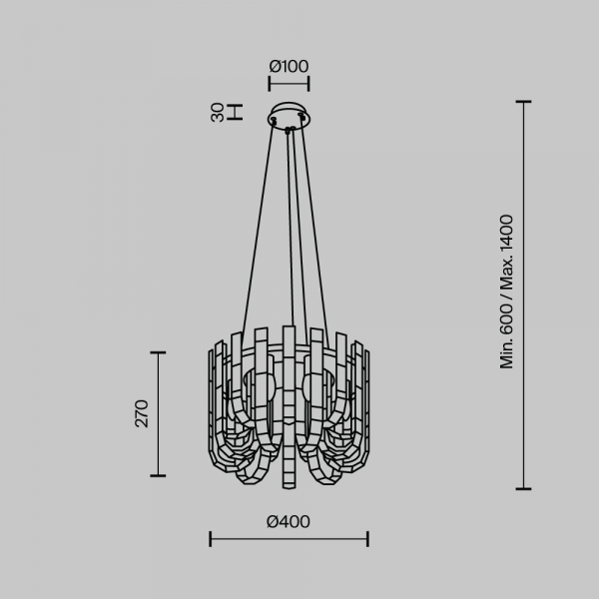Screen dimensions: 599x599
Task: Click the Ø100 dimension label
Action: [289, 67]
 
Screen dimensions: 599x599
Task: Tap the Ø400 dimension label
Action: [289, 522]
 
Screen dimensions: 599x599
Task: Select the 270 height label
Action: [142, 413]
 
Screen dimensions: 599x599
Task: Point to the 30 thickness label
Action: [218, 112]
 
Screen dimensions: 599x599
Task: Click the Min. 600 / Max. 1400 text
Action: [507, 292]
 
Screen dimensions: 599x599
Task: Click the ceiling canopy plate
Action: [289, 114]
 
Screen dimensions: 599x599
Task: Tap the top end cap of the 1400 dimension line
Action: [523, 102]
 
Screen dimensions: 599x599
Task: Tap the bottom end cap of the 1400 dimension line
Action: [523, 488]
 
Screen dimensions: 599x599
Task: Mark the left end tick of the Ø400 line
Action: [210, 539]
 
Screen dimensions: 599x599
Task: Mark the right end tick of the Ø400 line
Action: [367, 539]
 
